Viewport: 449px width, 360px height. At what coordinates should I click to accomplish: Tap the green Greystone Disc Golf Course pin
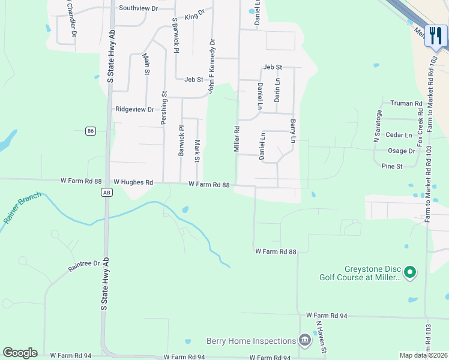[x=411, y=272]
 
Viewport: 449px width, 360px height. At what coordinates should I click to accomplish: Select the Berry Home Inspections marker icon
[x=305, y=341]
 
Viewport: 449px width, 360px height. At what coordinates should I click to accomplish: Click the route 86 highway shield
[x=91, y=131]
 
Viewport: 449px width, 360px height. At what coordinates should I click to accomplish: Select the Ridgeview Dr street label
[x=134, y=109]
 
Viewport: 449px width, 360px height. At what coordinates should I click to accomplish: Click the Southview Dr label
[x=138, y=8]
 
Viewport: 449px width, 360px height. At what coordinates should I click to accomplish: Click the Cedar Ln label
[x=399, y=135]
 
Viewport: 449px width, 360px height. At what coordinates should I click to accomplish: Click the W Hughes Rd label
[x=133, y=182]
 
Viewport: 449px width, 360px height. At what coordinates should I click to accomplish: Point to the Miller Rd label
[x=237, y=138]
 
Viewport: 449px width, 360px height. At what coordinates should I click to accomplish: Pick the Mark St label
[x=197, y=151]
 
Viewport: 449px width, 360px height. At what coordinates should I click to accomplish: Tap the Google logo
[x=20, y=353]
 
